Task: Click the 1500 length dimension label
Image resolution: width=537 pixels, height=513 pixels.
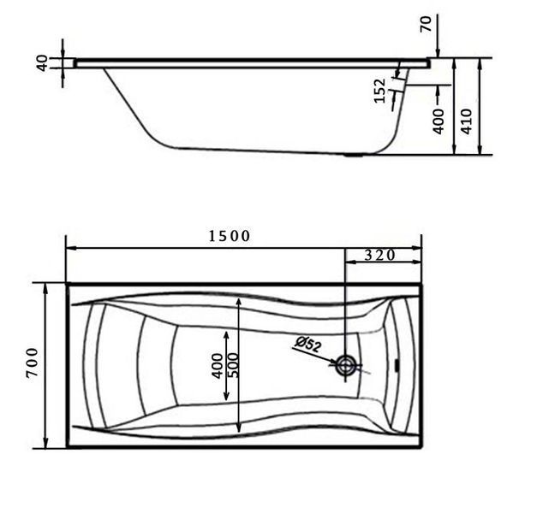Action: (230, 236)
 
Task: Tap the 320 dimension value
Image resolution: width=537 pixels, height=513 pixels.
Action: (379, 255)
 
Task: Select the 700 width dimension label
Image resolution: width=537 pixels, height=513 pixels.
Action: (33, 363)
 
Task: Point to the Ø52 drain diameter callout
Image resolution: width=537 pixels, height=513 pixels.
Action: (308, 344)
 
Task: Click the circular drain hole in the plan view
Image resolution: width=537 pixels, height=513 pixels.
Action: (346, 365)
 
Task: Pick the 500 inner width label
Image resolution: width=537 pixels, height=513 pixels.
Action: (235, 365)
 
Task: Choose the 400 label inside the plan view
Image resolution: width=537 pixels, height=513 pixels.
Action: (218, 366)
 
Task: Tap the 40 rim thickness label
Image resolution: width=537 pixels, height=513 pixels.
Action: (42, 63)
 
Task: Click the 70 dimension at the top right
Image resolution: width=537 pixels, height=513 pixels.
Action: (426, 24)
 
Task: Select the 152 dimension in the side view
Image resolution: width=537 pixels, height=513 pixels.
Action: (379, 91)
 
